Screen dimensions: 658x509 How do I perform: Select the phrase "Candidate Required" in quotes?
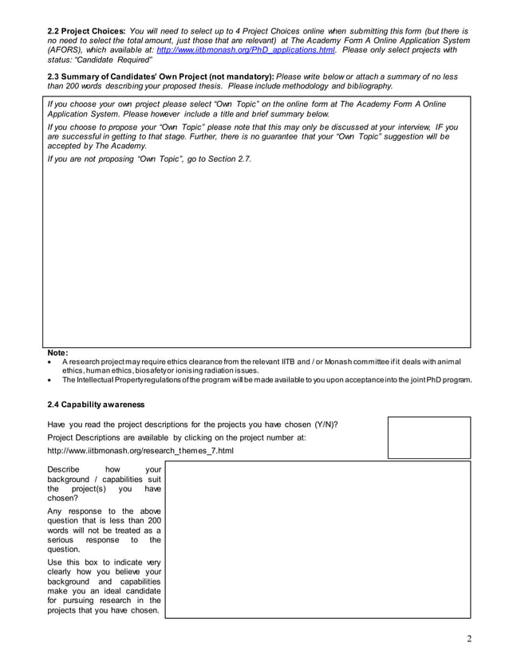point(116,60)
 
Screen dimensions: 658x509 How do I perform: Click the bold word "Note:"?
point(58,353)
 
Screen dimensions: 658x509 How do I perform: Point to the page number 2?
point(470,638)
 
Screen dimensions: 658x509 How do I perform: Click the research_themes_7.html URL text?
point(140,450)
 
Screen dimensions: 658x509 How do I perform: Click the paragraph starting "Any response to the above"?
point(105,530)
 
